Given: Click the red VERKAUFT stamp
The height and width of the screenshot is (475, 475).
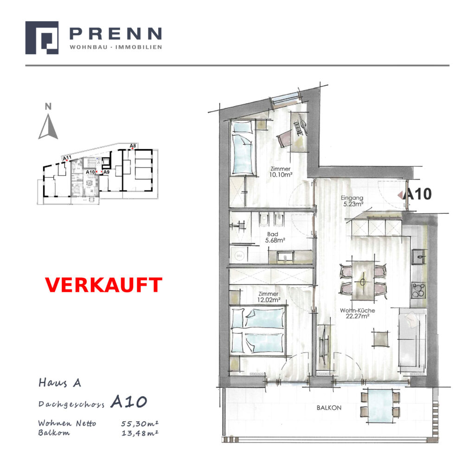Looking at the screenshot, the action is pyautogui.click(x=103, y=285).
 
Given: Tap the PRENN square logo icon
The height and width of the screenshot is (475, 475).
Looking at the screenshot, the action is pyautogui.click(x=42, y=38).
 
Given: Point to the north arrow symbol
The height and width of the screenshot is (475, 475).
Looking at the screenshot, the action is pyautogui.click(x=48, y=127).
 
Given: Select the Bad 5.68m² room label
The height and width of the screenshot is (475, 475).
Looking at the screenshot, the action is pyautogui.click(x=275, y=237).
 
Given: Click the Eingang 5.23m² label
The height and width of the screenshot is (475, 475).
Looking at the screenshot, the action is pyautogui.click(x=352, y=201).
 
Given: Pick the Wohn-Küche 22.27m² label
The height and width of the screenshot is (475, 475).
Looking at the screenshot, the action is pyautogui.click(x=358, y=313).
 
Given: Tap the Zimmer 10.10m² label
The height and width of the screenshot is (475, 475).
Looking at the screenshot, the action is pyautogui.click(x=281, y=172).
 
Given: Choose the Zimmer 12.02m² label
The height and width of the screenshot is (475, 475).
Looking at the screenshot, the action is pyautogui.click(x=269, y=297).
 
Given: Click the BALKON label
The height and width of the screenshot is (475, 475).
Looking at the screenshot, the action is pyautogui.click(x=329, y=408).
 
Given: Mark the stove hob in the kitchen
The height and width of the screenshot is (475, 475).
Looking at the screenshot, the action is pyautogui.click(x=419, y=290).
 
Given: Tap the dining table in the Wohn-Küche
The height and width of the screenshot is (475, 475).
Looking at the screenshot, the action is pyautogui.click(x=363, y=281).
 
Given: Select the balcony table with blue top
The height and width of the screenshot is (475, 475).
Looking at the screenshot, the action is pyautogui.click(x=380, y=406).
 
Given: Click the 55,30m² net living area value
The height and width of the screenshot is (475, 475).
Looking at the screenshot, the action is pyautogui.click(x=140, y=423).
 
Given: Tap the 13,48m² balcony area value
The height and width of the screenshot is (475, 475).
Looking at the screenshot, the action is pyautogui.click(x=140, y=433).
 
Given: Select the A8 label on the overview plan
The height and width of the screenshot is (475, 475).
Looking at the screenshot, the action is pyautogui.click(x=133, y=146).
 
